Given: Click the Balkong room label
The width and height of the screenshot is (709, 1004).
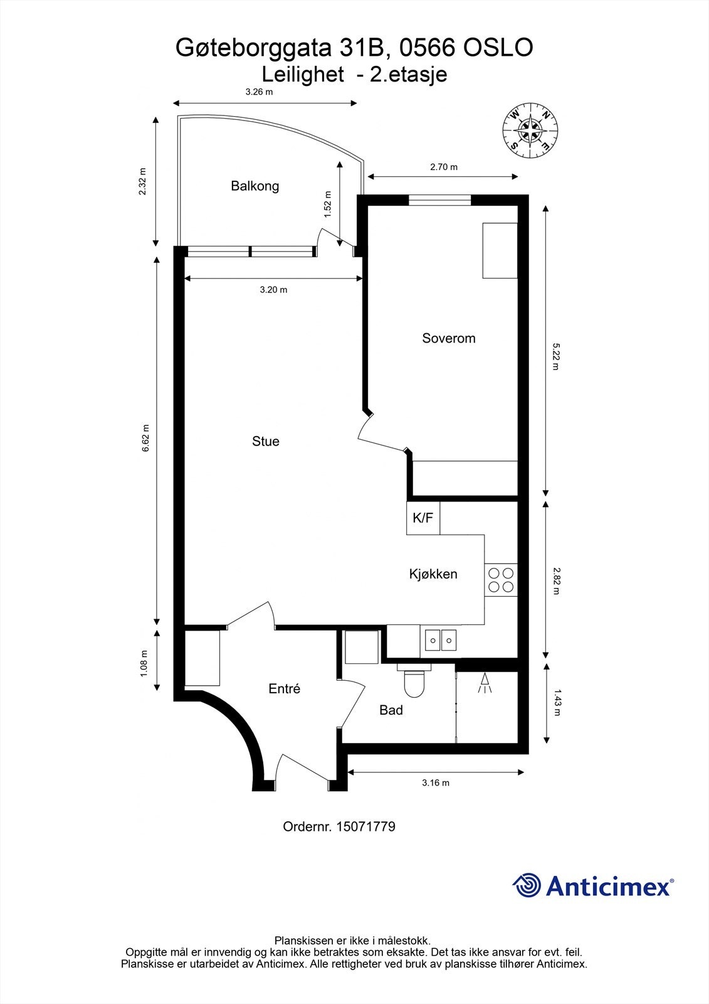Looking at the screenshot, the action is tap(255, 186).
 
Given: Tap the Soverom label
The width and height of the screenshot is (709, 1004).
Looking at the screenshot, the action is tap(449, 338).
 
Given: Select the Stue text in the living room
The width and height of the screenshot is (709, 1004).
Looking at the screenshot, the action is tap(266, 441).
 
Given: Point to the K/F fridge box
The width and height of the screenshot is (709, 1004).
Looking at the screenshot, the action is tap(423, 518).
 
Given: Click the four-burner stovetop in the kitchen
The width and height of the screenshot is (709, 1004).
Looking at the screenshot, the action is tap(501, 580).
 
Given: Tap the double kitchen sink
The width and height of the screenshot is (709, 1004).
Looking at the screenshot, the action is tap(441, 640).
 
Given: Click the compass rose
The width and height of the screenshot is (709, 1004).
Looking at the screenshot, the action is tap(530, 131).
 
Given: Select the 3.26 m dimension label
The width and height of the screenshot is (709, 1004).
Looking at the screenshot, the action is tap(259, 92).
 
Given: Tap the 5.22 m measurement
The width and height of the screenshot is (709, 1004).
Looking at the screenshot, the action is tap(555, 356).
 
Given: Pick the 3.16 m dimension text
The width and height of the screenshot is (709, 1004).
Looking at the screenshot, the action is tap(435, 783).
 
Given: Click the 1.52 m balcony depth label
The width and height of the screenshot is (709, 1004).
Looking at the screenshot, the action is tap(327, 205).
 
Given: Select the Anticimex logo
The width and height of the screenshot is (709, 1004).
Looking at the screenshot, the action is tap(593, 885).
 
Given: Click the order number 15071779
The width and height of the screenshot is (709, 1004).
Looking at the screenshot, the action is tap(365, 826).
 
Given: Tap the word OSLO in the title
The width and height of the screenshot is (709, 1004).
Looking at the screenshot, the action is tap(498, 48).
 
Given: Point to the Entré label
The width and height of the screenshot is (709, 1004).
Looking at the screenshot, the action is tap(285, 688).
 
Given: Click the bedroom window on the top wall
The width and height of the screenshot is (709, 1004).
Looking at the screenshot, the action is tap(440, 200).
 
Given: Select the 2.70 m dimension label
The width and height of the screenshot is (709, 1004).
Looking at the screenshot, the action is tap(444, 167).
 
